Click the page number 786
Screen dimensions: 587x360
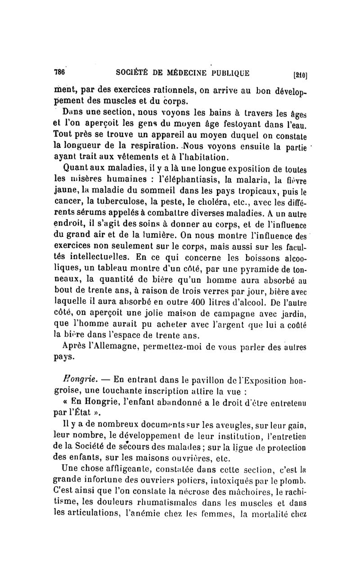pos(60,72)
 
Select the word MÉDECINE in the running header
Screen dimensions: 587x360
pos(177,72)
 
